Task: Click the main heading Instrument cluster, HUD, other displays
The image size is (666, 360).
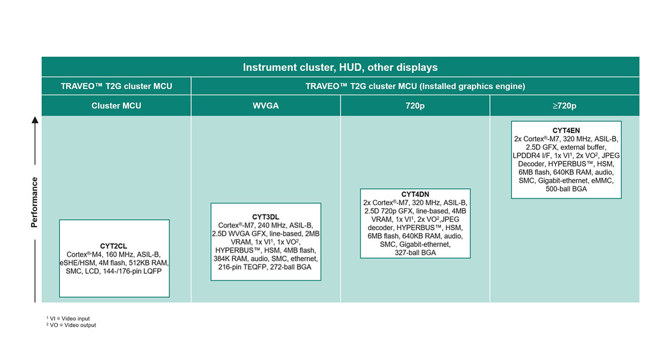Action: coord(340,68)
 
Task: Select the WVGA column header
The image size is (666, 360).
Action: coord(265,106)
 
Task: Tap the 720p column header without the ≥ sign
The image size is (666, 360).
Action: coord(415,106)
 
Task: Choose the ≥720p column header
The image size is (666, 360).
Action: coord(565,106)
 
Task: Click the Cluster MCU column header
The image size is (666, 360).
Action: coord(116,106)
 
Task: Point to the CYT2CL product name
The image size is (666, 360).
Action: coord(114,246)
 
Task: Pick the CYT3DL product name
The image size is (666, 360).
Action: coord(265,216)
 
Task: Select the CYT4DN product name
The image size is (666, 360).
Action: coord(415,195)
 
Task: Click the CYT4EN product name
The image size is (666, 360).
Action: coord(566,131)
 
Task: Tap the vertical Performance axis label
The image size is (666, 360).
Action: coord(34,202)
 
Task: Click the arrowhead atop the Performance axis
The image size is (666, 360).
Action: coord(35,120)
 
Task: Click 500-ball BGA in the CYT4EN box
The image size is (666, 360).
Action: coord(566,189)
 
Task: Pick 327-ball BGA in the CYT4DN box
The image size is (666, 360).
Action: coord(415,253)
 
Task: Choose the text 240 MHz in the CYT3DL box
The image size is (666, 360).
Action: coord(273,225)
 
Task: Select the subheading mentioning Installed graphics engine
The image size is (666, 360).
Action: coord(415,86)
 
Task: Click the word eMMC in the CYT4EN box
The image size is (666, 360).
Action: coord(603,181)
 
